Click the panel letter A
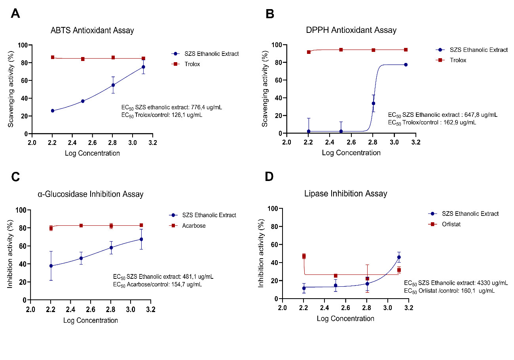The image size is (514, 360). point(15,13)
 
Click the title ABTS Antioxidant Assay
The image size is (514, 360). point(92,30)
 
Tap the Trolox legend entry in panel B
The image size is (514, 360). point(458,60)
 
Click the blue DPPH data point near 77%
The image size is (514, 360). point(406,65)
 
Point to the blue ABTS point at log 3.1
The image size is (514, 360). point(143,67)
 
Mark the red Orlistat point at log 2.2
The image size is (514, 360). point(304,256)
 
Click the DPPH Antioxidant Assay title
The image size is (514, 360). point(351,30)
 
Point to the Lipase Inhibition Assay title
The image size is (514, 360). point(345,194)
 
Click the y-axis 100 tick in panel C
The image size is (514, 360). point(20,210)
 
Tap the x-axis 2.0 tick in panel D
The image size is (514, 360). point(282,308)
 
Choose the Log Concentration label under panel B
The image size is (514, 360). point(351,152)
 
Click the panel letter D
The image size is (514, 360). point(269,177)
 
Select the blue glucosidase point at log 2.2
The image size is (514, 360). point(51,266)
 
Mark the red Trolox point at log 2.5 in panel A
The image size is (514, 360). point(83,59)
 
